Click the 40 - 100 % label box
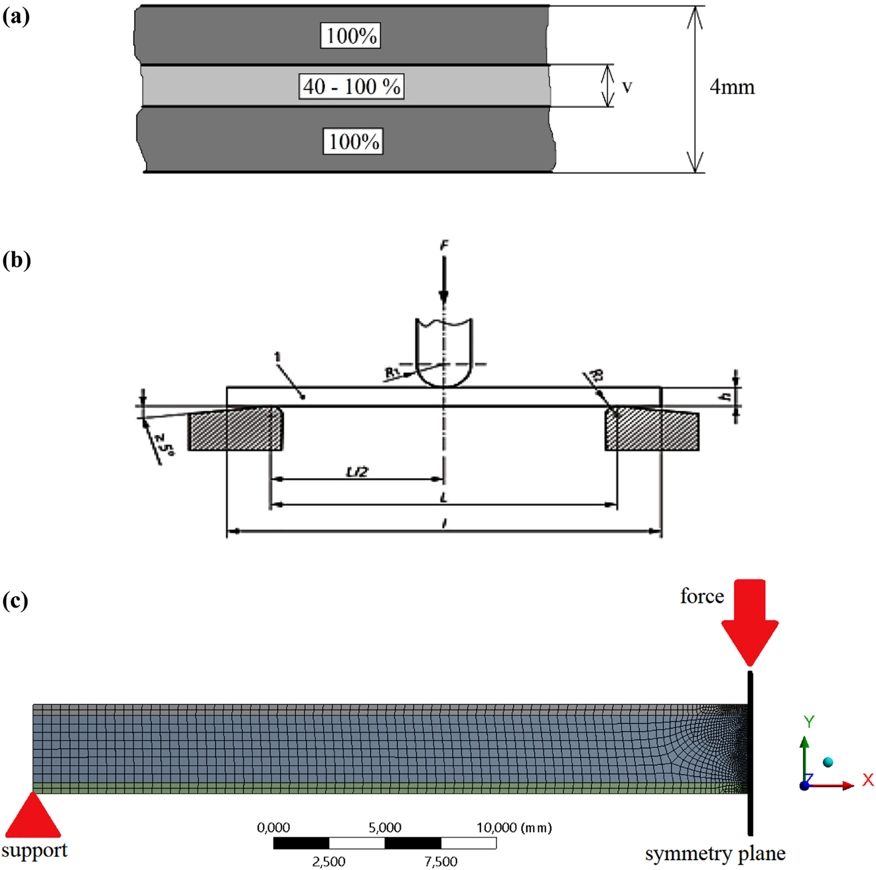[x=352, y=86]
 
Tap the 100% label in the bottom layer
[x=354, y=141]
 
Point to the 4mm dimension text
[x=732, y=87]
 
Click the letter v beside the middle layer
[x=627, y=87]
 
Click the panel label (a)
[x=16, y=17]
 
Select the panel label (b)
[x=17, y=259]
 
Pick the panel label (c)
[x=15, y=601]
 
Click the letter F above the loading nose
[x=444, y=246]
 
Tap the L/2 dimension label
[x=357, y=471]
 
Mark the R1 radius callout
[x=393, y=373]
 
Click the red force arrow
[x=750, y=620]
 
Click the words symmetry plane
[x=715, y=853]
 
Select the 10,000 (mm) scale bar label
[x=514, y=828]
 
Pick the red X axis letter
[x=868, y=780]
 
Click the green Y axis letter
[x=809, y=721]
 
